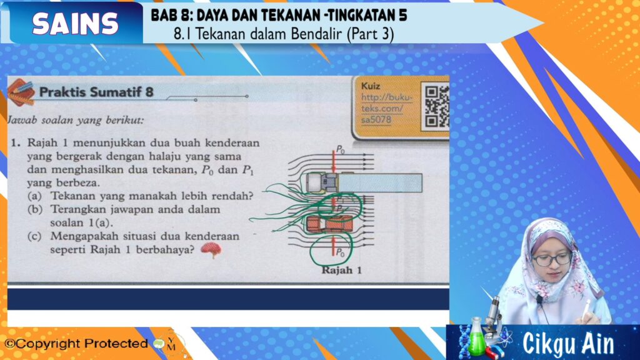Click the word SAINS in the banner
(x=75, y=23)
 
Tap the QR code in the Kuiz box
(x=436, y=106)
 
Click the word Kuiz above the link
(x=371, y=86)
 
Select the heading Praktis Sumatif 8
(x=96, y=92)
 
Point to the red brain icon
(x=211, y=249)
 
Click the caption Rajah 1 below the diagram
(x=342, y=270)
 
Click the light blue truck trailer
(x=380, y=183)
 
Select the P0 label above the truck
(x=340, y=150)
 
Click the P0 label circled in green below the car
(x=340, y=252)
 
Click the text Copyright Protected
(x=76, y=344)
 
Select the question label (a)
(x=35, y=196)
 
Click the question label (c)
(x=35, y=236)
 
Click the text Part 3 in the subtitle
(x=371, y=34)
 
